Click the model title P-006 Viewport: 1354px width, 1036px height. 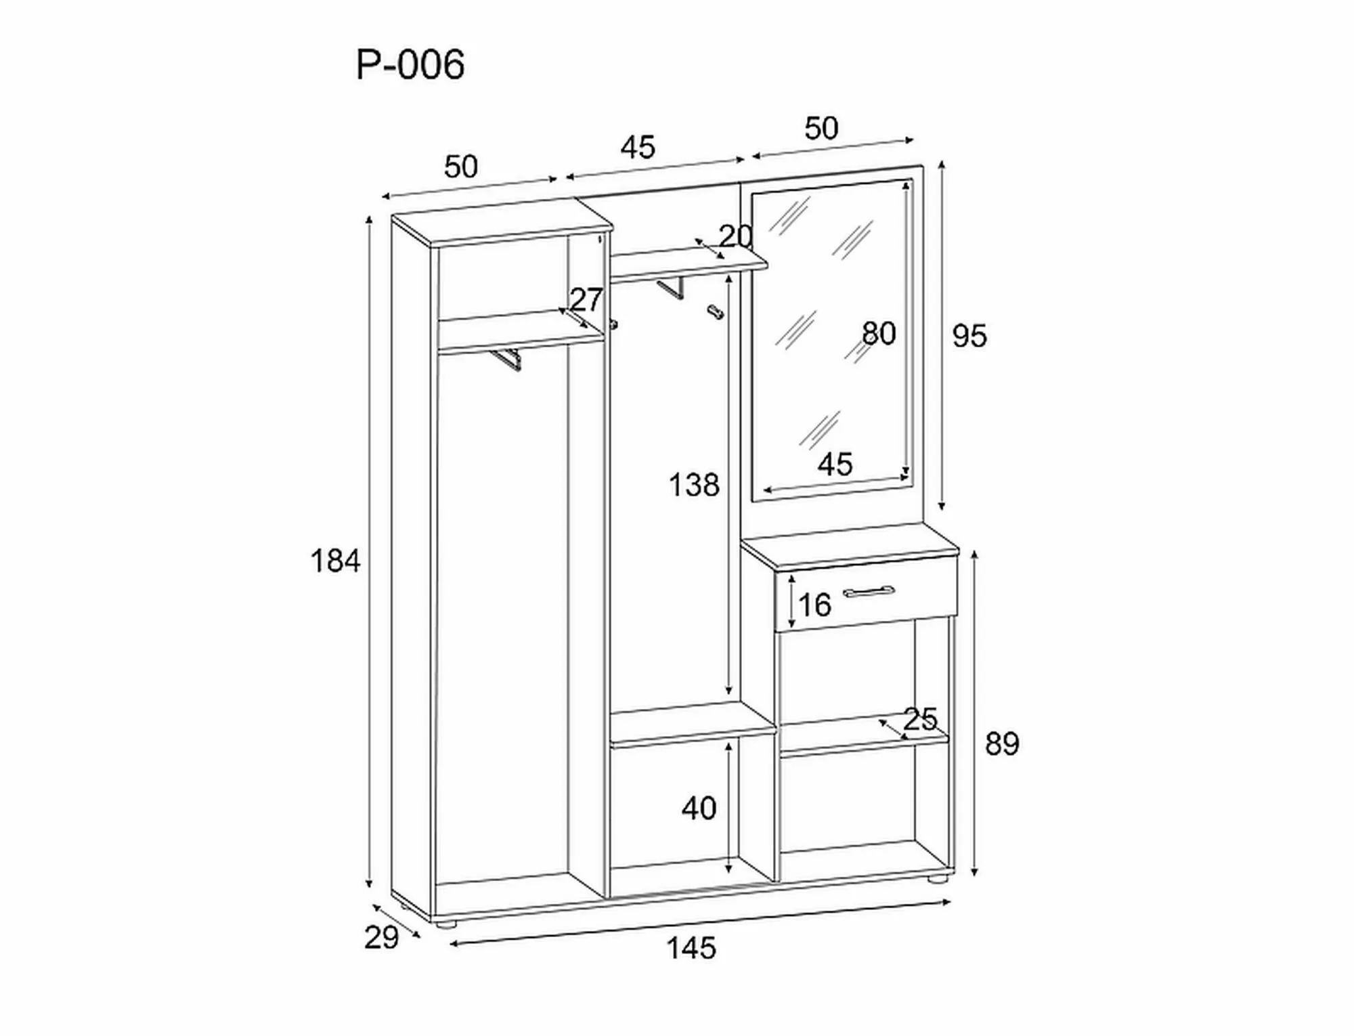(x=410, y=66)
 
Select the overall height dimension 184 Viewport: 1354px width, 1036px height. (x=335, y=561)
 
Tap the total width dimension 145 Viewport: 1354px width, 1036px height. (x=691, y=949)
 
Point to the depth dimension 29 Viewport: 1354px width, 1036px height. (x=381, y=938)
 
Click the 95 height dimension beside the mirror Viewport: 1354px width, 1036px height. (x=969, y=337)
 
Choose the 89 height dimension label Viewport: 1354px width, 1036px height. (x=1001, y=744)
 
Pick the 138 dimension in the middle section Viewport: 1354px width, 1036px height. (x=694, y=485)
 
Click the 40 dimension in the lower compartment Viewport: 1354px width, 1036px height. (x=699, y=808)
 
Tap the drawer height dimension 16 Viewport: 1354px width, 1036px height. (x=814, y=605)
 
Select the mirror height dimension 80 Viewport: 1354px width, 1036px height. (x=879, y=334)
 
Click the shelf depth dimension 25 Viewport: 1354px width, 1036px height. (x=920, y=720)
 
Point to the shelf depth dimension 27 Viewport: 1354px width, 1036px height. (x=586, y=300)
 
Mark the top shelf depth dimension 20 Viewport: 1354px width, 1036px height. (x=735, y=236)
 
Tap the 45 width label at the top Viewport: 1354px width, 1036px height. (x=638, y=148)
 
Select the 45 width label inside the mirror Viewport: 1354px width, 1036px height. (x=835, y=465)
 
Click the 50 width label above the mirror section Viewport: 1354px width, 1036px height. (x=821, y=129)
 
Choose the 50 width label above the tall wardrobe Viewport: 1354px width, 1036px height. (x=461, y=167)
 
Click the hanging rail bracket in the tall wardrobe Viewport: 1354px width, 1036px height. (x=507, y=360)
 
